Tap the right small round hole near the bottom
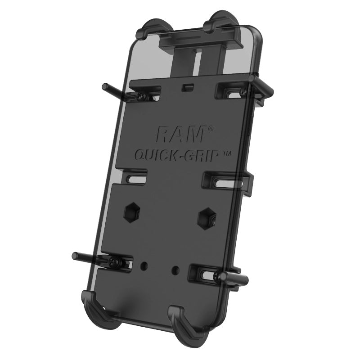click(x=175, y=270)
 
